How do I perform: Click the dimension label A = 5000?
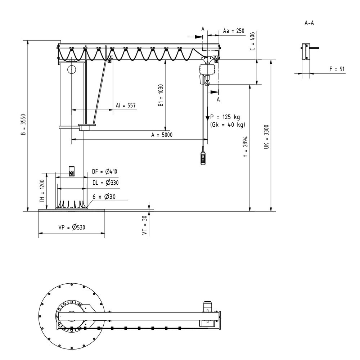[x=162, y=135]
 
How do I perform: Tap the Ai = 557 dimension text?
[x=126, y=105]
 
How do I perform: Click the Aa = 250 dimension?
[x=234, y=31]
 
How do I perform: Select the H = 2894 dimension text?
[x=245, y=147]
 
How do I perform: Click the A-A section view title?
[x=309, y=23]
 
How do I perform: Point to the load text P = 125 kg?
[x=225, y=117]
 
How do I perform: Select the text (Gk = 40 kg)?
[x=227, y=125]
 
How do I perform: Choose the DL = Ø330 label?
[x=105, y=183]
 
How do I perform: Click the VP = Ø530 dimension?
[x=72, y=228]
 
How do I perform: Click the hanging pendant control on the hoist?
[x=204, y=158]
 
